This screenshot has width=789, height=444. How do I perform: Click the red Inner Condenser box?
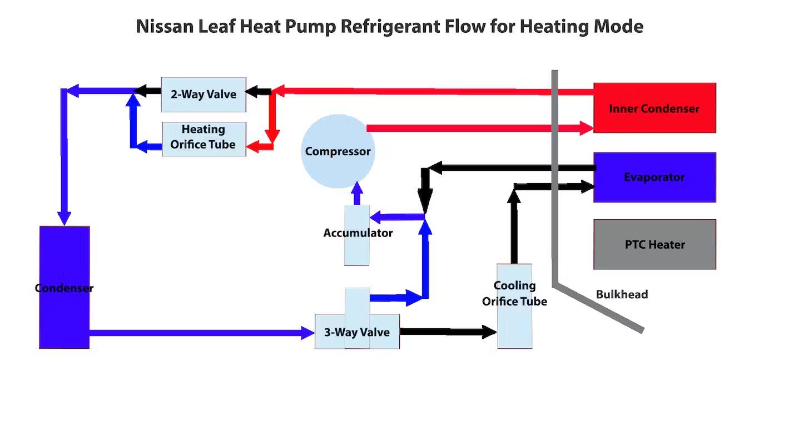pos(654,108)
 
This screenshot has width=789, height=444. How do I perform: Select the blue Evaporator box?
pos(654,177)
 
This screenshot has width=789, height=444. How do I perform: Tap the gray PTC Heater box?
pos(654,244)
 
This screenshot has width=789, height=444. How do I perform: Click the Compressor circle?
pos(337,151)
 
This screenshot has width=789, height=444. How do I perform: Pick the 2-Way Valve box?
pos(203,94)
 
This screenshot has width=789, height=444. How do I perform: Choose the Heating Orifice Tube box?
pos(203,139)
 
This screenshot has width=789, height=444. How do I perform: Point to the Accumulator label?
pos(358,233)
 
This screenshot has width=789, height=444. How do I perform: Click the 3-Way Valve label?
pos(356,332)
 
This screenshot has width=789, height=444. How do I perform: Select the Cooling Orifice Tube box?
pos(514,307)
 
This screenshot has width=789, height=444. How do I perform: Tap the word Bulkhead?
pos(622,294)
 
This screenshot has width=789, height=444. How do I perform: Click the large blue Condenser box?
pos(64,288)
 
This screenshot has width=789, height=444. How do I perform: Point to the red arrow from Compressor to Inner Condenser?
pos(473,128)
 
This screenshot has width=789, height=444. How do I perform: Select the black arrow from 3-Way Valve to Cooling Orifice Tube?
pos(445,332)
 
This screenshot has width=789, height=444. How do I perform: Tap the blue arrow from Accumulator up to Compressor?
pos(358,193)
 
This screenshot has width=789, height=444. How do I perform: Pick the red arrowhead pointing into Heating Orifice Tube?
pos(252,146)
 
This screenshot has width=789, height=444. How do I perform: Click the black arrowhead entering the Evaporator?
pos(587,186)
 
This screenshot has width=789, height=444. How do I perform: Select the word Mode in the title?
pos(621,26)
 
